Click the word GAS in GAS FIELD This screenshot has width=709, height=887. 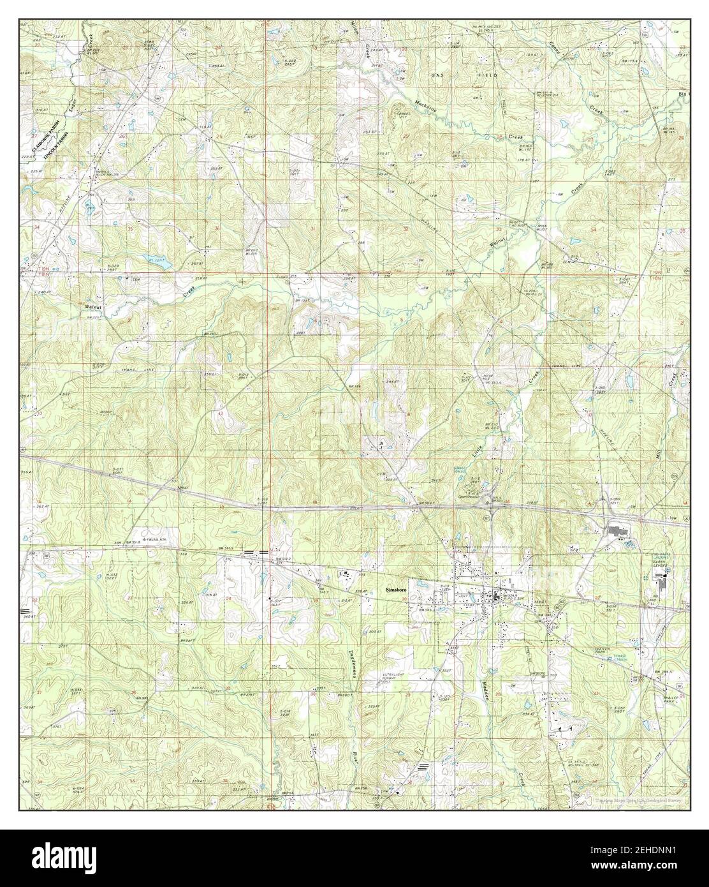tap(436, 75)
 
